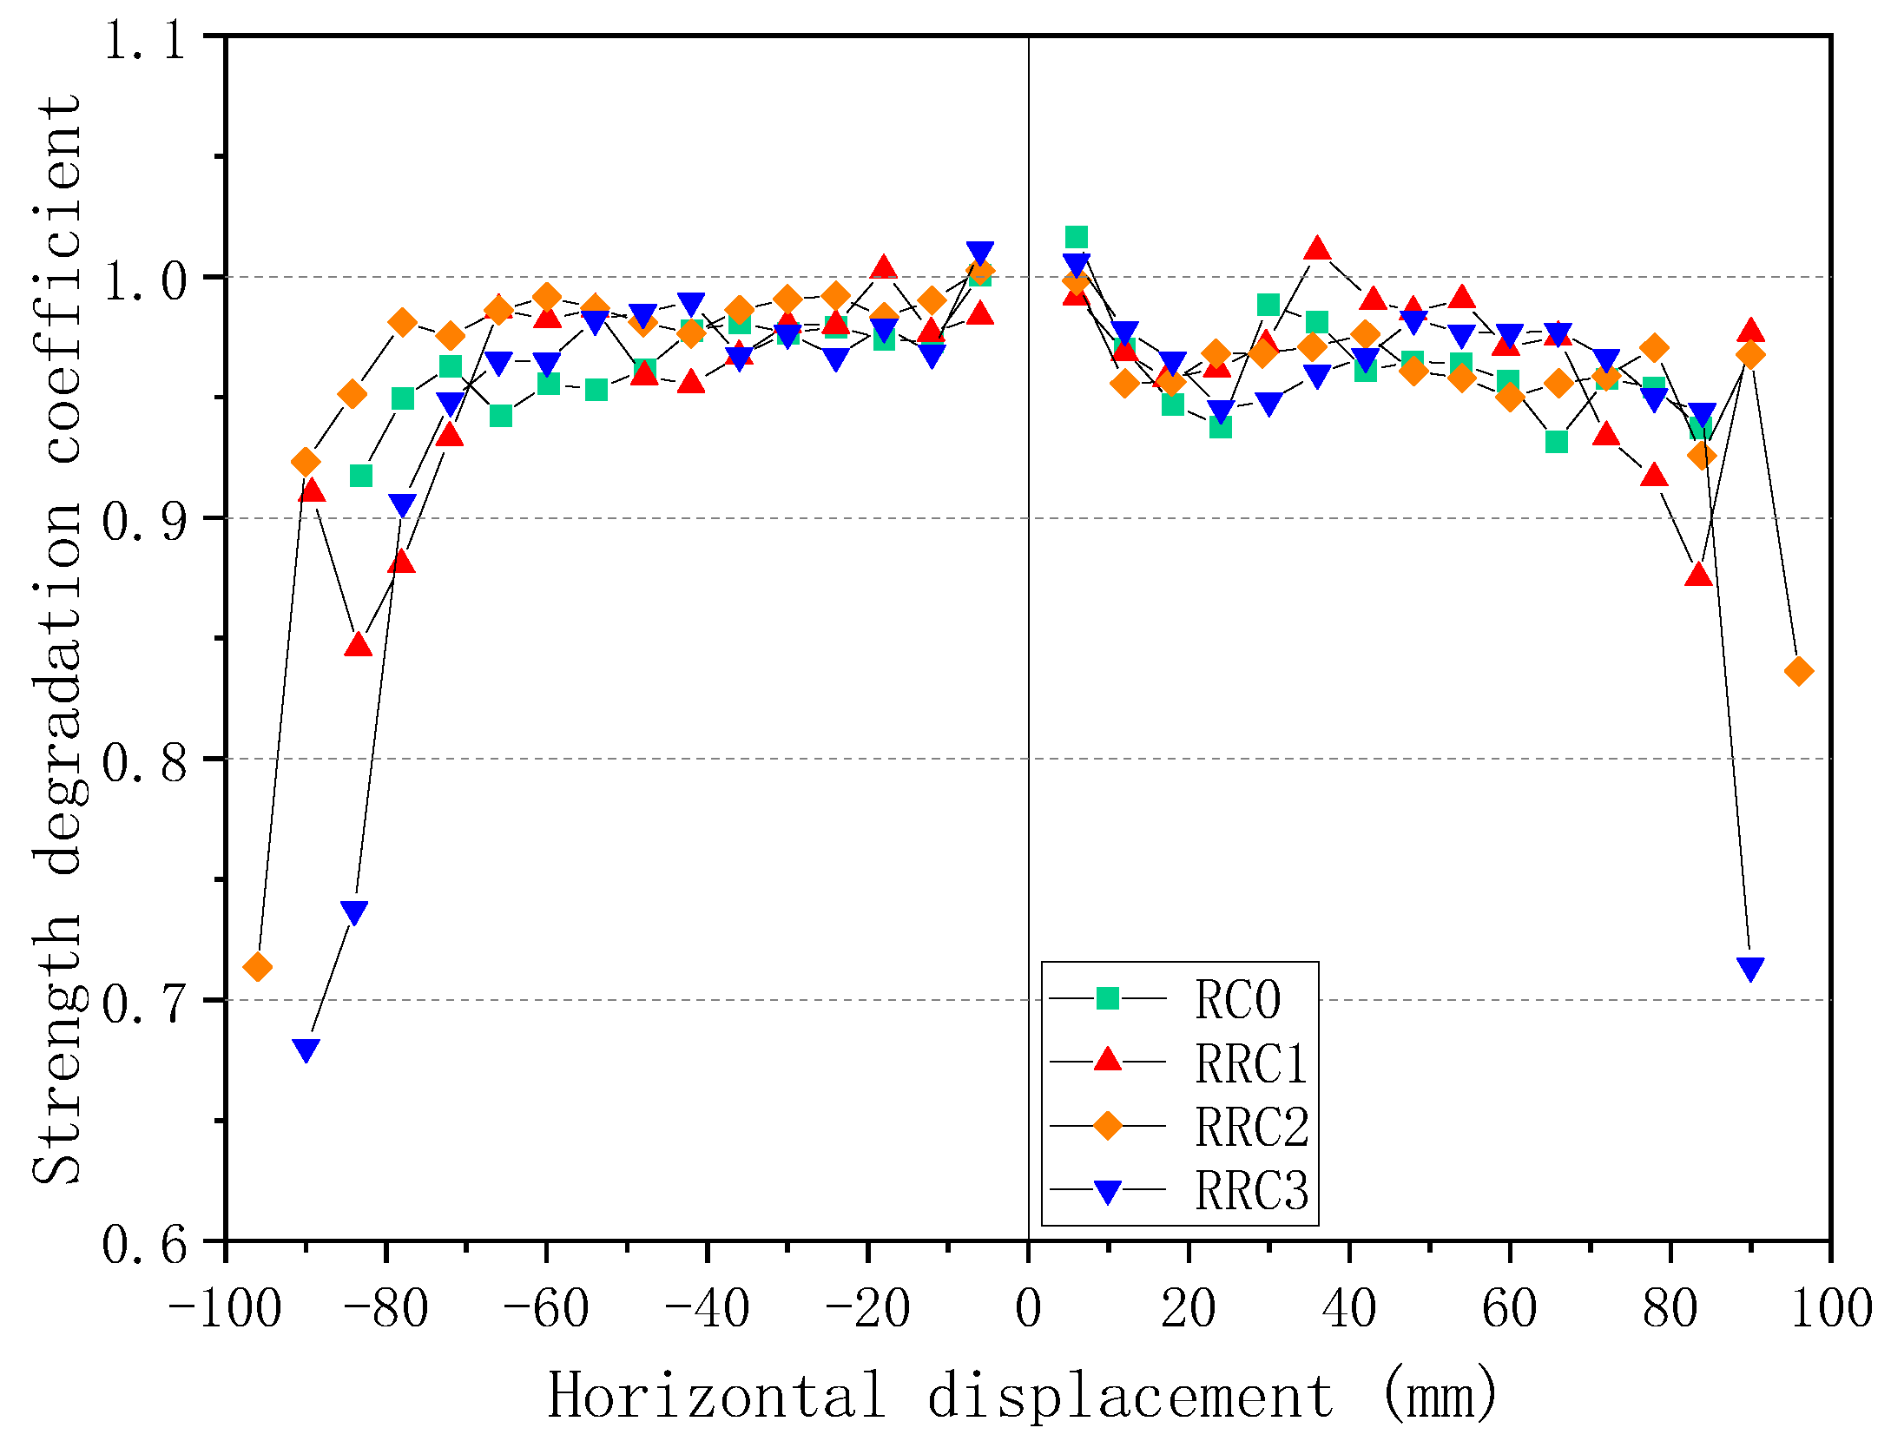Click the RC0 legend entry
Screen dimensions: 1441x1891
(1236, 999)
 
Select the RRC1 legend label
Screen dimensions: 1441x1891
(1250, 1063)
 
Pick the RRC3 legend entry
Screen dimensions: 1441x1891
(1250, 1190)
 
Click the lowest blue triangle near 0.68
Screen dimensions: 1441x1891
(306, 1049)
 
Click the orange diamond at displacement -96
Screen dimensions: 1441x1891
(258, 966)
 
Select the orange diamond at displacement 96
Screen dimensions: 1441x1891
(1798, 671)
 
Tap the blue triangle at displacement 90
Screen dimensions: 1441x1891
(1750, 969)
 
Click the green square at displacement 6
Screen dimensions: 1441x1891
(1077, 237)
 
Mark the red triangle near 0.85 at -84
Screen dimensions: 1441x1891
(358, 645)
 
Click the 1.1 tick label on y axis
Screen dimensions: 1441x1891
(145, 40)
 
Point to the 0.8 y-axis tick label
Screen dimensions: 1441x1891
(145, 762)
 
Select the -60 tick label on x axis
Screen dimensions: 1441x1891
(546, 1309)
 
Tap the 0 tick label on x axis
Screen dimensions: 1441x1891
(1028, 1309)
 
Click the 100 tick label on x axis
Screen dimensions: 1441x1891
(1830, 1309)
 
